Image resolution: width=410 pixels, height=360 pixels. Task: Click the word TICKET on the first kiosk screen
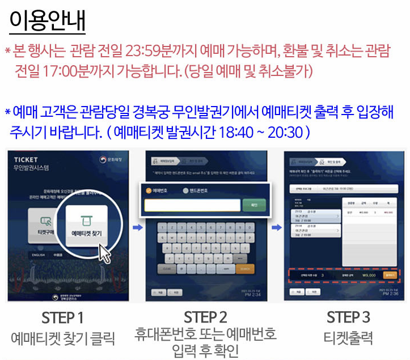[26, 160]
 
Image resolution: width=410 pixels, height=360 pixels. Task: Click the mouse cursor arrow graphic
[105, 253]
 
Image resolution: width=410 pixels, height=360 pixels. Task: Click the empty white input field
[192, 205]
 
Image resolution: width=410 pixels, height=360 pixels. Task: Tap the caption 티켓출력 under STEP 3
[348, 338]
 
